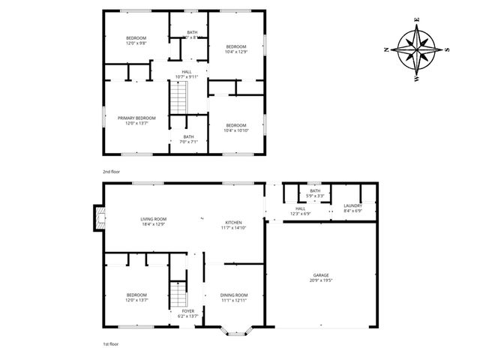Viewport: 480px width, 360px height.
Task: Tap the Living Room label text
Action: point(152,219)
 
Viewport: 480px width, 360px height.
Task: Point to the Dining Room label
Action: point(234,295)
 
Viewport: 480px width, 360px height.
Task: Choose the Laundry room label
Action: point(352,205)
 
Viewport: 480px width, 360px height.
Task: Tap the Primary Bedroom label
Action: point(136,118)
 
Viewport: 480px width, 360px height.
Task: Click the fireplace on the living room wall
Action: point(96,217)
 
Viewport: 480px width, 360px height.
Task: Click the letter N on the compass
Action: point(385,49)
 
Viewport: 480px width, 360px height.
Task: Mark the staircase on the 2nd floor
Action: point(178,97)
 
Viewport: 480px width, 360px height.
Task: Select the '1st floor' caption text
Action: point(112,343)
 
